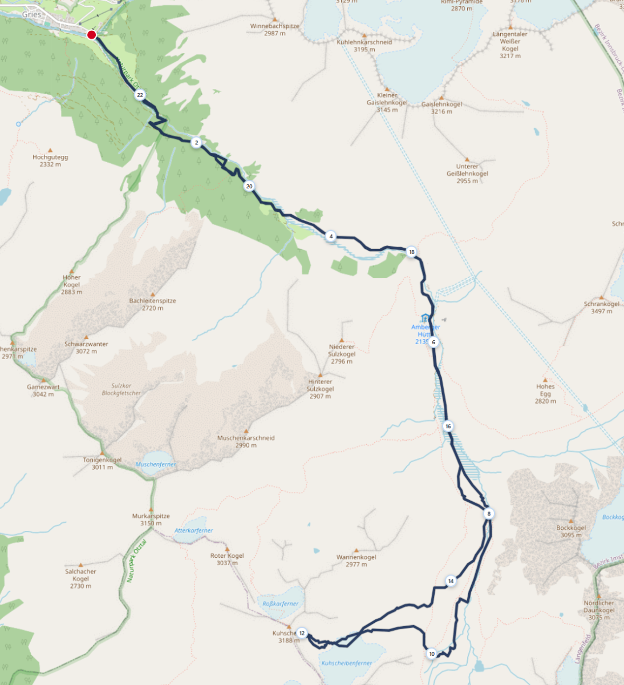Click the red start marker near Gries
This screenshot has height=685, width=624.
pos(91,35)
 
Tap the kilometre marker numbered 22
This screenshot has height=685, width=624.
pos(140,95)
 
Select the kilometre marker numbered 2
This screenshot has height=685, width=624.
pos(196,142)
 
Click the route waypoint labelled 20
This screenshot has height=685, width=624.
pos(249,186)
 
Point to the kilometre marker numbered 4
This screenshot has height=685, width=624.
pos(331,236)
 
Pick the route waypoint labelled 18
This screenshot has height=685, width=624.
pos(411,252)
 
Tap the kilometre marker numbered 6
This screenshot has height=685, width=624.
pos(433,342)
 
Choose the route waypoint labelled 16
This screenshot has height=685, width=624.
pos(448,426)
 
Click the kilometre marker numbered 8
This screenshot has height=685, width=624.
pos(489,514)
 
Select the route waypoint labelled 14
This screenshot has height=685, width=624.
pos(451,581)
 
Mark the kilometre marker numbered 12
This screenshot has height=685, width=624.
pos(302,633)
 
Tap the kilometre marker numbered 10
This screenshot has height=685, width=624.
pos(432,654)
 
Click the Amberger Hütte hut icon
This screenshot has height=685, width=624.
pos(425,318)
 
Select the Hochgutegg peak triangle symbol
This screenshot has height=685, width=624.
pos(50,150)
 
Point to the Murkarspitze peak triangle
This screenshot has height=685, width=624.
pos(151,510)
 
